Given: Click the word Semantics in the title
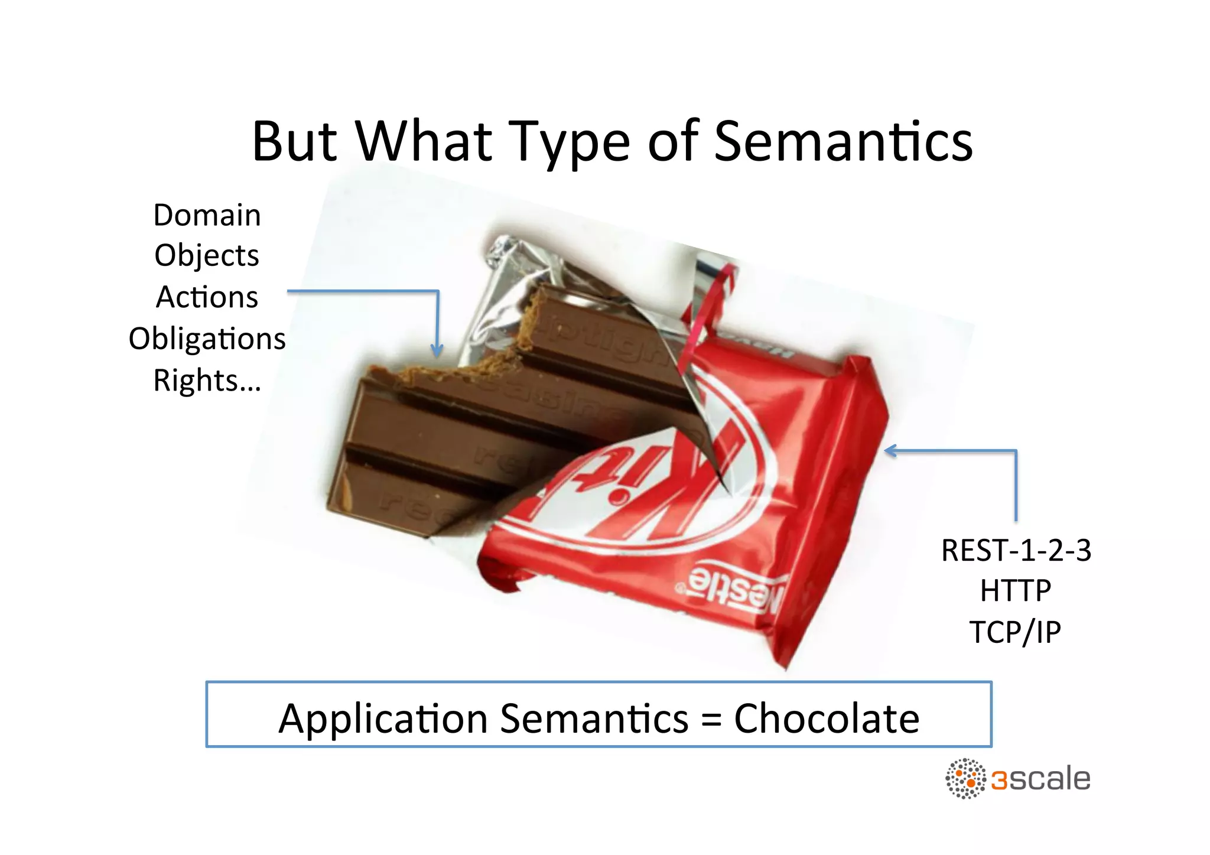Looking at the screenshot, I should click(843, 142).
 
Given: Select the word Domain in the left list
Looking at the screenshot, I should click(207, 215).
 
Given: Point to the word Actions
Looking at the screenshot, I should click(207, 297).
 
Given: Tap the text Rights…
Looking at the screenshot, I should click(207, 381).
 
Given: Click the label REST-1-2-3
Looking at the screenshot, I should click(1016, 551).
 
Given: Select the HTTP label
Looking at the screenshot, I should click(1016, 591).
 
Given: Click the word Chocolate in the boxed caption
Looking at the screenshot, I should click(826, 719).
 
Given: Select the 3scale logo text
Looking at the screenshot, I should click(1040, 779).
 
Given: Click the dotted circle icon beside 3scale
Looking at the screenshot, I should click(965, 779).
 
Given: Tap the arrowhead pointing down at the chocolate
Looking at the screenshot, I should click(437, 351).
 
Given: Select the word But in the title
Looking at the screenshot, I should click(294, 142).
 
